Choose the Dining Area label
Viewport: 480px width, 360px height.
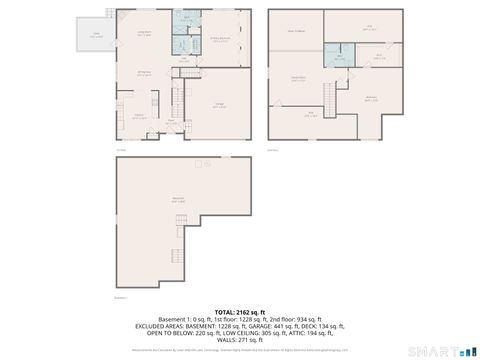pos(143,73)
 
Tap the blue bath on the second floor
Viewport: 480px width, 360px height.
pos(340,58)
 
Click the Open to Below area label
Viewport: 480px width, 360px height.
pos(295,31)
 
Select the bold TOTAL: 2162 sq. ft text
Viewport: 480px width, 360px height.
pos(240,313)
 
